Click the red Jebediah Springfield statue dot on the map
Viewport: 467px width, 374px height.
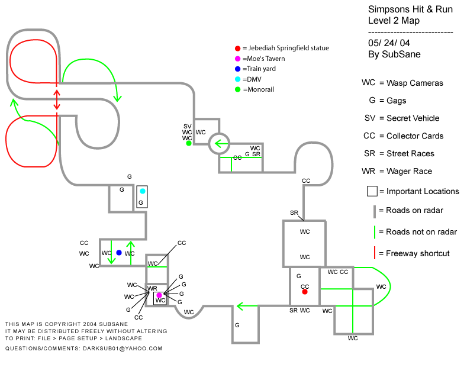pos(305,292)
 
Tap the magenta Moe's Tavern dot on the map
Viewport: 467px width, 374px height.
pos(159,295)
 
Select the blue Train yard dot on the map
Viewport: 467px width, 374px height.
pos(119,253)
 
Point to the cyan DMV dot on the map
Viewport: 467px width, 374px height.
pos(143,191)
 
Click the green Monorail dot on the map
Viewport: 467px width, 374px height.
pos(188,143)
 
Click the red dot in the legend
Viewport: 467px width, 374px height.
pos(237,49)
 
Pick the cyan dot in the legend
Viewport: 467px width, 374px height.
pos(237,79)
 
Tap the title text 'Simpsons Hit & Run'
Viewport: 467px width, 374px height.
pos(410,9)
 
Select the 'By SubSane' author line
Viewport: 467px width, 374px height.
pos(394,54)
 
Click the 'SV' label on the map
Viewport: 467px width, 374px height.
pos(187,126)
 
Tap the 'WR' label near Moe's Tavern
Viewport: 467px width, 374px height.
pos(152,288)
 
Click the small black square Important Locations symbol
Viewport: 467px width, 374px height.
pos(372,191)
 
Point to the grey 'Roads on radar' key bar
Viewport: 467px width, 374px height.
pos(375,211)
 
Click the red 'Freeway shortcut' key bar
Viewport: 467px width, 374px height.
pos(375,253)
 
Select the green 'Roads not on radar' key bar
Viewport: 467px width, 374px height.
pos(375,231)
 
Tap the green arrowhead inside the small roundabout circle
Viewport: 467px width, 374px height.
pos(218,143)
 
